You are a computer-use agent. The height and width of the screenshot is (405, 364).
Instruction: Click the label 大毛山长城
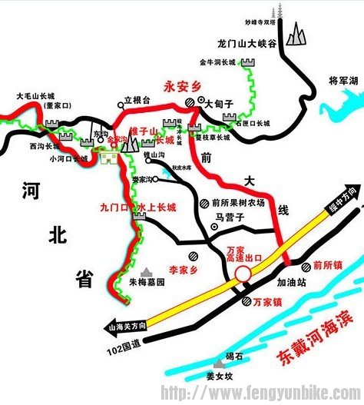pos(33,98)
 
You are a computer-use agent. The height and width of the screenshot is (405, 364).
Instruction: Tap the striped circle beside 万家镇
pos(246,301)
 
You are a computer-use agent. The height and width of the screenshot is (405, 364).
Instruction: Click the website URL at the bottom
pos(259,394)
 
